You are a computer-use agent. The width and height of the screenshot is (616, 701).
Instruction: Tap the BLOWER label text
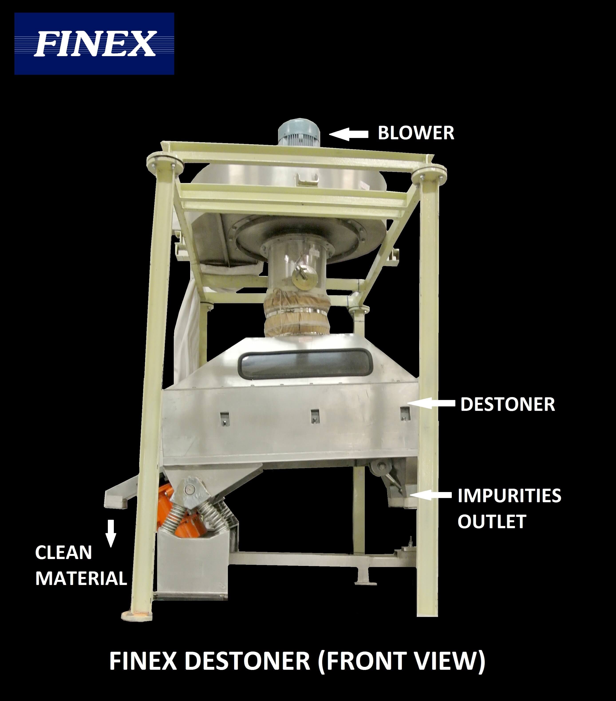416,133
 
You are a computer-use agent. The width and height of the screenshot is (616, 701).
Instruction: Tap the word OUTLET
492,522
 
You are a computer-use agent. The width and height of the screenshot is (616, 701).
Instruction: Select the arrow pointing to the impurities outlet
431,494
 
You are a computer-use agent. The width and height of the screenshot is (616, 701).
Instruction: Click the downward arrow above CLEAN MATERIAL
111,533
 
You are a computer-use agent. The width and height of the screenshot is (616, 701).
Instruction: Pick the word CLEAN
63,553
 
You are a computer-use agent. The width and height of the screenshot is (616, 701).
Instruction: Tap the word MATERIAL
81,579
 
